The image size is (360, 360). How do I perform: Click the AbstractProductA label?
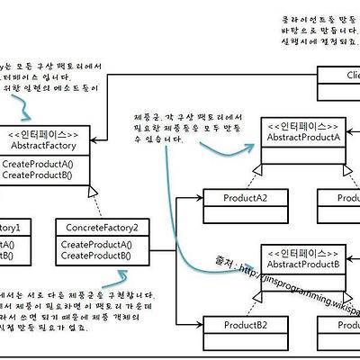click(303, 136)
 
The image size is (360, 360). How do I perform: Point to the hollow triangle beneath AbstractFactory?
click(91, 192)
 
